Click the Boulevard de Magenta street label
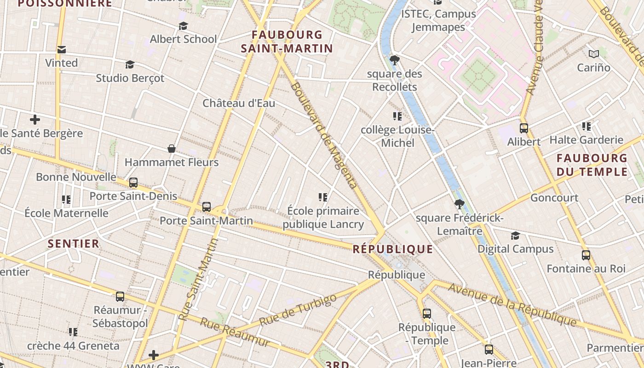324,135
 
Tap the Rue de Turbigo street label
298,310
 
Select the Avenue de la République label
512,305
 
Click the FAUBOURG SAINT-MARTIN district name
287,41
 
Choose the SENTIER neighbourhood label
74,244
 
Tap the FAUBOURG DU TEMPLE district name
592,165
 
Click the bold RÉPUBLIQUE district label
393,249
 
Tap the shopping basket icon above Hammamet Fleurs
172,149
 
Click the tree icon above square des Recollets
394,60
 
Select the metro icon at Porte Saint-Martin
207,207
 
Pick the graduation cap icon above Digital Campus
515,236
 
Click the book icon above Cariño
594,54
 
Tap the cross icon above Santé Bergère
35,120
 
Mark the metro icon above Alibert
523,128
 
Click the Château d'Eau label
239,103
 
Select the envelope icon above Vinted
61,50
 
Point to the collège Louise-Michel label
397,136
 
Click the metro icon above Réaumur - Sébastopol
120,297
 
